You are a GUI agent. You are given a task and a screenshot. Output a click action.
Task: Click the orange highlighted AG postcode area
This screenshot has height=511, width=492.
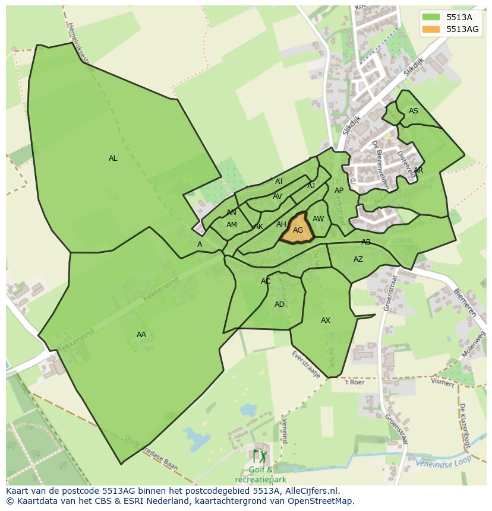pos(297,230)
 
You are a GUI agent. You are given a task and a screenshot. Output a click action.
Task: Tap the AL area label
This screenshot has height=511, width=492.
pos(113,158)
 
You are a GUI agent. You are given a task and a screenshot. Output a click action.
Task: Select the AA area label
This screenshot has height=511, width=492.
pos(141,335)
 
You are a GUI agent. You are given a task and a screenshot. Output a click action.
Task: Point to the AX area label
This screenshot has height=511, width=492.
pos(326,320)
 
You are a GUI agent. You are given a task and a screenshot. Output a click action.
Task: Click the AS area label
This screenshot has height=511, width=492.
pos(414,111)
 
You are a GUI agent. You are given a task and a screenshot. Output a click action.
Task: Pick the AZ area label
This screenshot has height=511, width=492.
pos(358,259)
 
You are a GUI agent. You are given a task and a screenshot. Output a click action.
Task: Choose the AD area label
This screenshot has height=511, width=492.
pos(279,304)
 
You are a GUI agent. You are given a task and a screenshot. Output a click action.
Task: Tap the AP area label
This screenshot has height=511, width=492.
pos(339,191)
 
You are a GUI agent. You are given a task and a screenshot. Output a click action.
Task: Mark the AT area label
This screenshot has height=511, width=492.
pos(279,182)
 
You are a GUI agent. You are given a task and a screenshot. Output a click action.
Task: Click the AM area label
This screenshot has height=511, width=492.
pos(232,225)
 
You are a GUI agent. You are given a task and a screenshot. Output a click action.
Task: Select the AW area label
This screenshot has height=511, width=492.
pos(318,219)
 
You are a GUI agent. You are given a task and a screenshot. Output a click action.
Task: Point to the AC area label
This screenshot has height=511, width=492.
pos(266,281)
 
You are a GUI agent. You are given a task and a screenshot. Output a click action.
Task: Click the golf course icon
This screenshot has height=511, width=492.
pos(260,457)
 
